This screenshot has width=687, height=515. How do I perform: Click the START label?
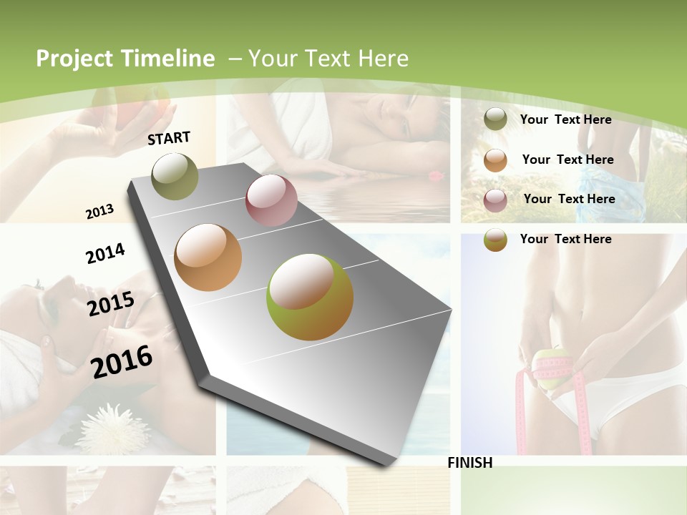point(169,138)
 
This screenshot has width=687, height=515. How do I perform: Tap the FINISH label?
point(469,463)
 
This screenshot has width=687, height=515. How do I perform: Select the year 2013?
point(99,212)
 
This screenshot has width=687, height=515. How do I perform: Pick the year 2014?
point(105,253)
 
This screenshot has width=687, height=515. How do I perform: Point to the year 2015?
point(110,304)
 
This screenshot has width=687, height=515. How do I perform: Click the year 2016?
point(122,361)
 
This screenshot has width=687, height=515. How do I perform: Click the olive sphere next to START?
point(175,177)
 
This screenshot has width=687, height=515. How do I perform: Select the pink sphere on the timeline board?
point(271,200)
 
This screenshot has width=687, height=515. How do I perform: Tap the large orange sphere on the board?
point(208,257)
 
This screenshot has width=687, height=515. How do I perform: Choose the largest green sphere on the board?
point(309,297)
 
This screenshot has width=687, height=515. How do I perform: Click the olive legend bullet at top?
point(495,119)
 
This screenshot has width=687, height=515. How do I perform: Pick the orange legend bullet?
point(495,160)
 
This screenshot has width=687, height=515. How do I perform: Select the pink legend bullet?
point(495,200)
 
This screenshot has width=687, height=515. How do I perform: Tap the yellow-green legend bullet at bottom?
point(495,240)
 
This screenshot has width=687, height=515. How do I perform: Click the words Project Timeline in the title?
point(125,59)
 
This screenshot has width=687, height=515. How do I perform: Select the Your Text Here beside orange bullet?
point(567,160)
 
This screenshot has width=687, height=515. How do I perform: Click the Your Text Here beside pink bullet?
point(569,199)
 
